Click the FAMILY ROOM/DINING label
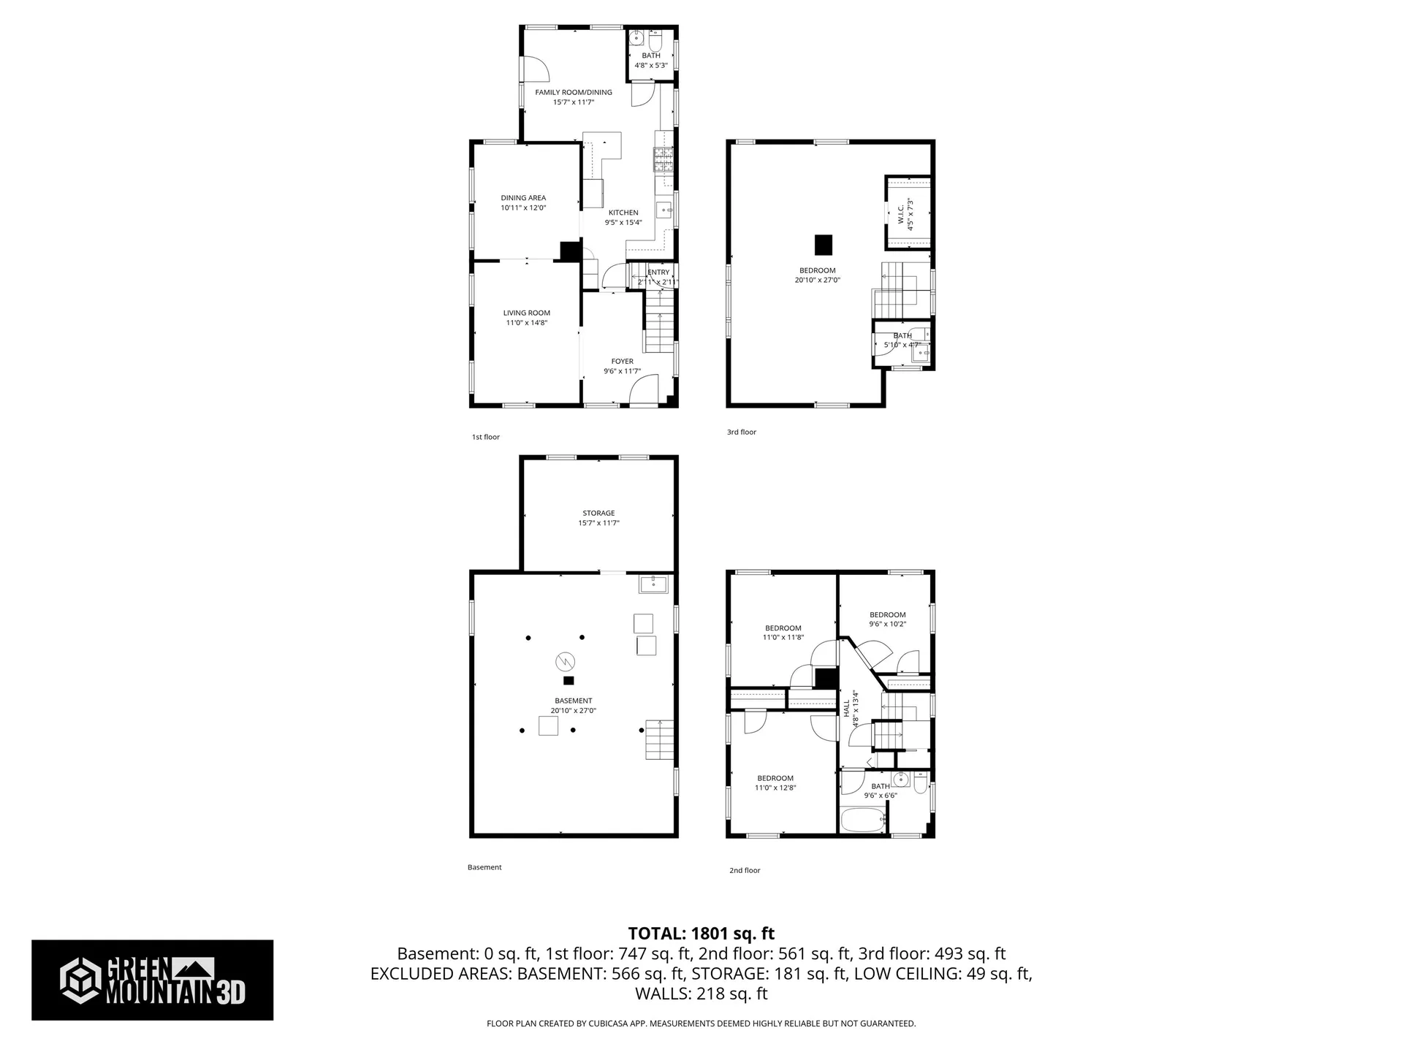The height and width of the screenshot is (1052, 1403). (x=574, y=93)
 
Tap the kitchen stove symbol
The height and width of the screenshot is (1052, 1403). (x=664, y=159)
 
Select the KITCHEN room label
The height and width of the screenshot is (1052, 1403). (x=623, y=213)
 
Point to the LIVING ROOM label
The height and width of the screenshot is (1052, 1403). (x=526, y=313)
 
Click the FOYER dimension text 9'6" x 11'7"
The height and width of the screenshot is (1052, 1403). (x=622, y=371)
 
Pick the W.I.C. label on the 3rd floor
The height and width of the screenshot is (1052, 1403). (x=901, y=214)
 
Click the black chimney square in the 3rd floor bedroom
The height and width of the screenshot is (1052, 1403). (x=824, y=245)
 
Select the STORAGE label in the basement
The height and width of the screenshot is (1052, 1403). (x=598, y=513)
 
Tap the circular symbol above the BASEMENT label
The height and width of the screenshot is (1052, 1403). (x=565, y=662)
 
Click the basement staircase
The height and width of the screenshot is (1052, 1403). (x=659, y=739)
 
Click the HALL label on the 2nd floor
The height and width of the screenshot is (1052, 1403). (x=847, y=708)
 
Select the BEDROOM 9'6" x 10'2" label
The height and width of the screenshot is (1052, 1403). (x=887, y=614)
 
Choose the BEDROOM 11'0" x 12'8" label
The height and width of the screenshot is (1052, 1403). (x=775, y=778)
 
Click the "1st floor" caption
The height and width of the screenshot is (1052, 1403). (x=486, y=437)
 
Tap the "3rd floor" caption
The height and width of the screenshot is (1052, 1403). (x=741, y=432)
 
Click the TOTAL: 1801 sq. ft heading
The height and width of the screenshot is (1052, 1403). (x=701, y=933)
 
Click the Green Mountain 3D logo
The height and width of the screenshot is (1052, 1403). (x=152, y=980)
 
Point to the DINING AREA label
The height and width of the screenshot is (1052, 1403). (x=523, y=198)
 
